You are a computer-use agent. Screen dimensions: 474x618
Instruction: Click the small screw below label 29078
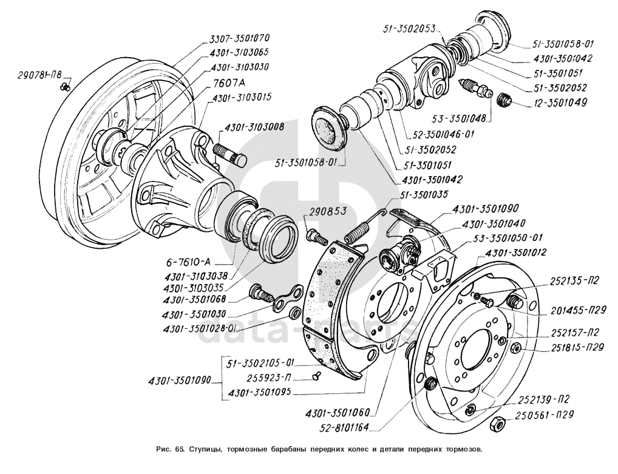[x=67, y=87]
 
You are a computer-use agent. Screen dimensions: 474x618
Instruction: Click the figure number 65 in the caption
[x=178, y=450]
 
